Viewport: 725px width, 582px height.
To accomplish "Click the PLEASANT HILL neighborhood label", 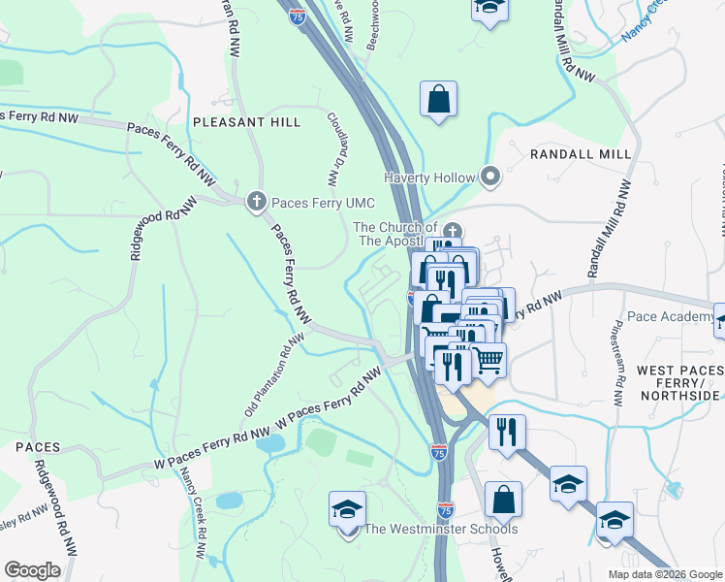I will pos(246,122).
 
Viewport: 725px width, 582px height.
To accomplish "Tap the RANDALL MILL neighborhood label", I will pos(581,154).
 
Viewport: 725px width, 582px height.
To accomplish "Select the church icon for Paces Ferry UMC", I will pos(256,201).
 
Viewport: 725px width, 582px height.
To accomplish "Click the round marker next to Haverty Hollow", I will pos(490,178).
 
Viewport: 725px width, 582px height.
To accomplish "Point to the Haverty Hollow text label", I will pos(429,178).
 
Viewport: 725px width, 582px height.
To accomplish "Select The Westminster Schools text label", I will pos(440,529).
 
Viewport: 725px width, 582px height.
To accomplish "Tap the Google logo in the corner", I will pos(32,569).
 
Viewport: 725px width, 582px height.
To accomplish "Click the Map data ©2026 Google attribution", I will pos(665,573).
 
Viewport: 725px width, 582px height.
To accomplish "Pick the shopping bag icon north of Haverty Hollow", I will pos(438,99).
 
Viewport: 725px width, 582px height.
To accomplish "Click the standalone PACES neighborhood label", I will pos(38,447).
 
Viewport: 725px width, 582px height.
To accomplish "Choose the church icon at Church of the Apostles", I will pos(453,230).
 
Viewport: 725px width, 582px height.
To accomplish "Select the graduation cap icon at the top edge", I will pos(489,8).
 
